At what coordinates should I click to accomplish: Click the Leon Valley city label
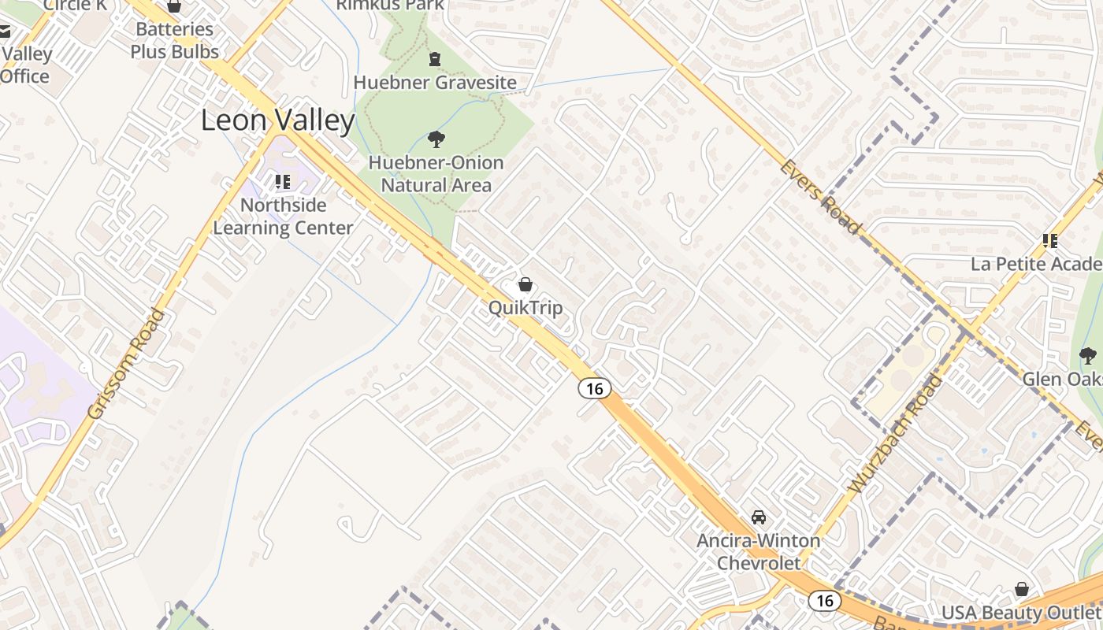[x=278, y=120]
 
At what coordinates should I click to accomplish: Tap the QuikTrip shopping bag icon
[x=526, y=284]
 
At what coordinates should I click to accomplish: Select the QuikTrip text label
[x=526, y=307]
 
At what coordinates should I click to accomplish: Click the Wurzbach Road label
[x=897, y=434]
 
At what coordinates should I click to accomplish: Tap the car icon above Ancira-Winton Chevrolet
[x=758, y=517]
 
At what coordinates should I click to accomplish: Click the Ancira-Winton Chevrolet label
[x=758, y=552]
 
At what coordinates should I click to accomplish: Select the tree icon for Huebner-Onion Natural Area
[x=436, y=140]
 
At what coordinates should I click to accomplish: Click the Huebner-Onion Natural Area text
[x=436, y=174]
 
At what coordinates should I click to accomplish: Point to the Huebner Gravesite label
[x=435, y=83]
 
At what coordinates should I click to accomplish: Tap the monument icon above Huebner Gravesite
[x=434, y=59]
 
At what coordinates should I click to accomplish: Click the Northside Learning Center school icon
[x=283, y=183]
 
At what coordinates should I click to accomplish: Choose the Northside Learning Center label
[x=283, y=217]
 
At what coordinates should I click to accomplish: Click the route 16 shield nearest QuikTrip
[x=594, y=387]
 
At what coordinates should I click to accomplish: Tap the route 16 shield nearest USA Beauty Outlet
[x=824, y=601]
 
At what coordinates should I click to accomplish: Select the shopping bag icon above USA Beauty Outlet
[x=1022, y=589]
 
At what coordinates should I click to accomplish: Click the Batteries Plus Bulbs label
[x=174, y=41]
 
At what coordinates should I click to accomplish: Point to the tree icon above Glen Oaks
[x=1088, y=356]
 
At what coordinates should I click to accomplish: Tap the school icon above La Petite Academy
[x=1049, y=240]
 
